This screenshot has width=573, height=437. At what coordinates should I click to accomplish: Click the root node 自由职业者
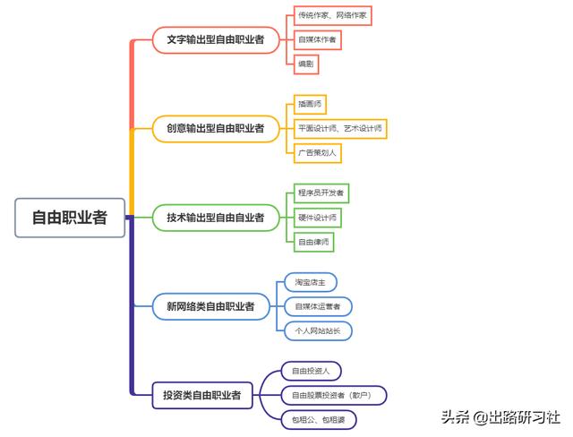tap(69, 217)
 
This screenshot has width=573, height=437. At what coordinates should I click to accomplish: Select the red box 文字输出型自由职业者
tap(215, 39)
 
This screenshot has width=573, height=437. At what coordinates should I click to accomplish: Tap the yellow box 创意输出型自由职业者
tap(215, 128)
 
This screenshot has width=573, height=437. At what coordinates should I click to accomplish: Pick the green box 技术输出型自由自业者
tap(215, 217)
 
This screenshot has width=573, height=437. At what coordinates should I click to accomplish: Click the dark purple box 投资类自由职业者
tap(201, 395)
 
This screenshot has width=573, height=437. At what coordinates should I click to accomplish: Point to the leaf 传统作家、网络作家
tap(332, 15)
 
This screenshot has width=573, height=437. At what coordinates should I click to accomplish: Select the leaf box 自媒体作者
tap(318, 39)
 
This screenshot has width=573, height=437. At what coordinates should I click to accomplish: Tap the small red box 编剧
tap(307, 64)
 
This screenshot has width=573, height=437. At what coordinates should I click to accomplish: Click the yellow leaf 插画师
tap(311, 104)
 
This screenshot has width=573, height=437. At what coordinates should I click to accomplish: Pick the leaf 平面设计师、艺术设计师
tap(340, 128)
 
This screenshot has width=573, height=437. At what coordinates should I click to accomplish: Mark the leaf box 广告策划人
tap(318, 152)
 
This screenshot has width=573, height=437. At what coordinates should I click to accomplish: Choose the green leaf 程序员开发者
tap(321, 193)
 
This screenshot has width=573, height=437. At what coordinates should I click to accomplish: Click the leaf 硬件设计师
tap(318, 217)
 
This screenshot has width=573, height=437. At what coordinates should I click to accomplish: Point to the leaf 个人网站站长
tap(318, 330)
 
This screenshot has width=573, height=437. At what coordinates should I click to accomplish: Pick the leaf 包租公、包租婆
tap(319, 419)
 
